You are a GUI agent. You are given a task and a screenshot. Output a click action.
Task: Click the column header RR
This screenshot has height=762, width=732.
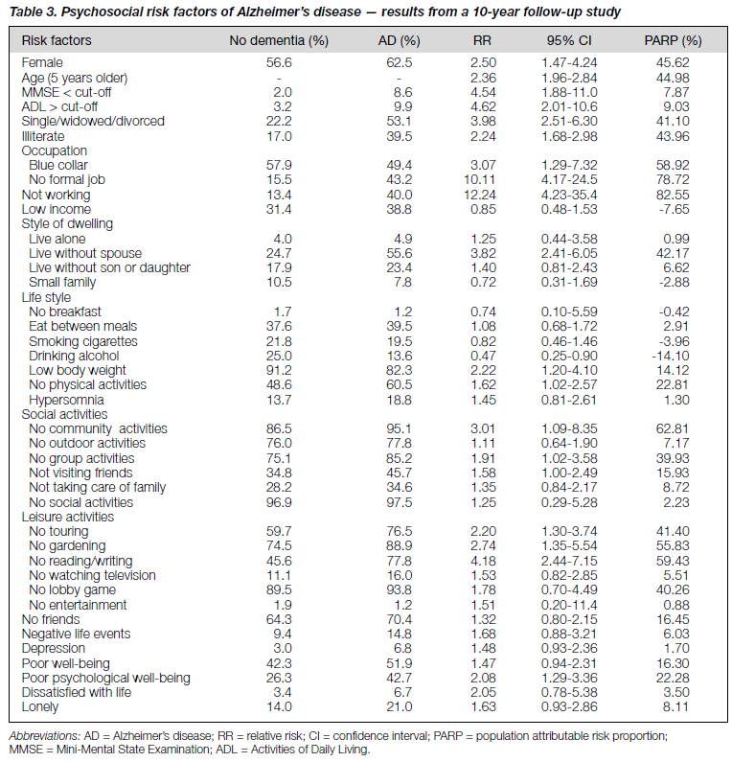pyautogui.click(x=482, y=40)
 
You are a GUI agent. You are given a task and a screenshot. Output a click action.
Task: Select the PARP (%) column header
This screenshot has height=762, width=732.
pyautogui.click(x=673, y=40)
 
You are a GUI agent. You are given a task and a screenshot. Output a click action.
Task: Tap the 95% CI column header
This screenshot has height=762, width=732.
pyautogui.click(x=569, y=40)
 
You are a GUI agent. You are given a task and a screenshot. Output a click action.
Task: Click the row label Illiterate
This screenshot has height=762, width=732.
pyautogui.click(x=43, y=136)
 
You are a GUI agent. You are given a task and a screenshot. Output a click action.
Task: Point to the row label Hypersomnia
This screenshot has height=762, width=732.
pyautogui.click(x=66, y=400)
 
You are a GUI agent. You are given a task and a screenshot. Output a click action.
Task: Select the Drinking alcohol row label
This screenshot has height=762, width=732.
pyautogui.click(x=74, y=356)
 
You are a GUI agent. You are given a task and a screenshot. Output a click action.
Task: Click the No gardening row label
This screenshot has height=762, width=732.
pyautogui.click(x=67, y=545)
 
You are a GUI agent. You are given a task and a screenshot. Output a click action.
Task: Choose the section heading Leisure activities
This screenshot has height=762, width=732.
pyautogui.click(x=67, y=517)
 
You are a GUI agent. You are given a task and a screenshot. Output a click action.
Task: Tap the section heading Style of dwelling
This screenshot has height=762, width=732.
pyautogui.click(x=67, y=223)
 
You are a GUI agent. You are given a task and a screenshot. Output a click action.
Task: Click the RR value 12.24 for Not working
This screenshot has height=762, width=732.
pyautogui.click(x=479, y=195)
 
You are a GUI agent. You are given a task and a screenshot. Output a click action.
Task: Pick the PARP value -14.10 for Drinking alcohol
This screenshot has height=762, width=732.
pyautogui.click(x=671, y=356)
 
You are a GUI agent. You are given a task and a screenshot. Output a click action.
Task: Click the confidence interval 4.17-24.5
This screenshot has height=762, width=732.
pyautogui.click(x=569, y=179)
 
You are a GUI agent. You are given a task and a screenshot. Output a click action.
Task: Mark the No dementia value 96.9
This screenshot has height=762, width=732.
pyautogui.click(x=279, y=502)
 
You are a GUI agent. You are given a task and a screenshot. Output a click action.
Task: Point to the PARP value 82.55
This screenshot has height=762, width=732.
pyautogui.click(x=673, y=195)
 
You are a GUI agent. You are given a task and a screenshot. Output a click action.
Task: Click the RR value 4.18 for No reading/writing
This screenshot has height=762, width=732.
pyautogui.click(x=483, y=561)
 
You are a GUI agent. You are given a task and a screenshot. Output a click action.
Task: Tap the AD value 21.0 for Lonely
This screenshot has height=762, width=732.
pyautogui.click(x=399, y=706)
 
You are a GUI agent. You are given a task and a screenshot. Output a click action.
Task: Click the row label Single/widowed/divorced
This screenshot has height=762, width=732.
pyautogui.click(x=93, y=121)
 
